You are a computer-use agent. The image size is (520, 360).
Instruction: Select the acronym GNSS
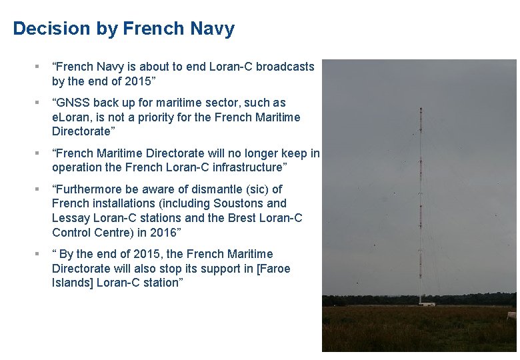click(74, 103)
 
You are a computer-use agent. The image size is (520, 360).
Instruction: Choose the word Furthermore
click(91, 189)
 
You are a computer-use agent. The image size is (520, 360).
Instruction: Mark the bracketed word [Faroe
click(274, 269)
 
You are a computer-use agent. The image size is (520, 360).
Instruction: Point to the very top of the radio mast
click(420, 107)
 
